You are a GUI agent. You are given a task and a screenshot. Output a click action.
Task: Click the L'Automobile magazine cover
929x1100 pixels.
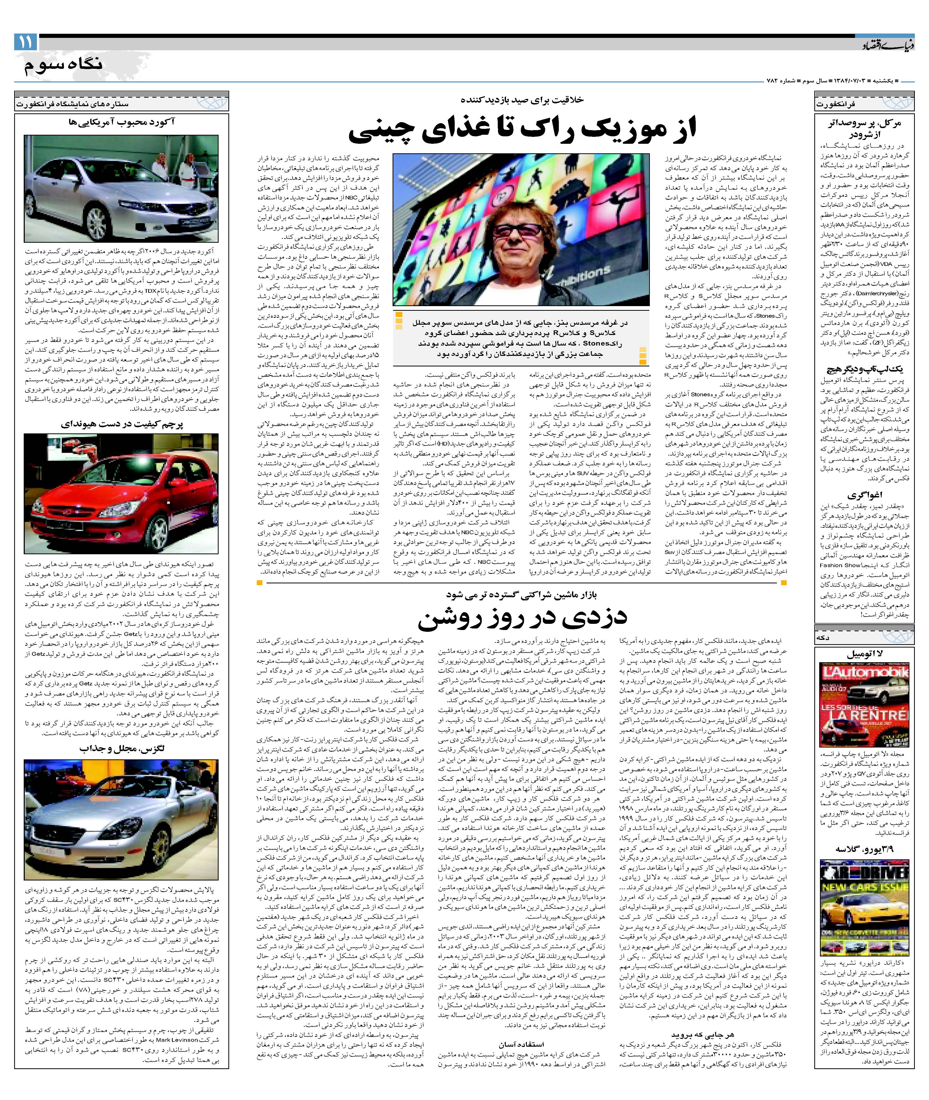click(864, 705)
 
